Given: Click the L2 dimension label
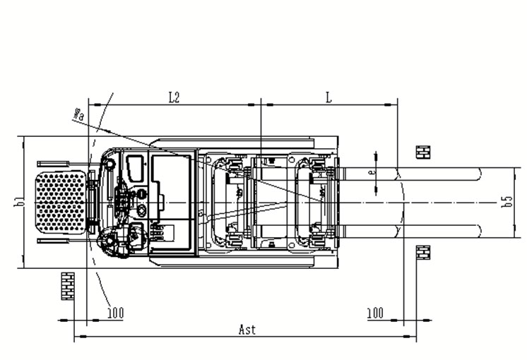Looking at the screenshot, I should (174, 97).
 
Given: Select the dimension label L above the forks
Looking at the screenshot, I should (328, 97).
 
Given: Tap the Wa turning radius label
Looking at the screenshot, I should (78, 113).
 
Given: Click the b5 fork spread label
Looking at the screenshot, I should (507, 202).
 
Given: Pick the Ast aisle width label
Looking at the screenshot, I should (247, 330).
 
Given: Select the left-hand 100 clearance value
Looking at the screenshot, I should (114, 311).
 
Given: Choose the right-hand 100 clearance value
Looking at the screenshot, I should (376, 311).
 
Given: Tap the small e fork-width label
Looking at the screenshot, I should (372, 170).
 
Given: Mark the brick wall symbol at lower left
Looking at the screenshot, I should (68, 285).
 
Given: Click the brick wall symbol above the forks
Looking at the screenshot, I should (423, 152).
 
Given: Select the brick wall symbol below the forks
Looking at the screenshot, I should (423, 252).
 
